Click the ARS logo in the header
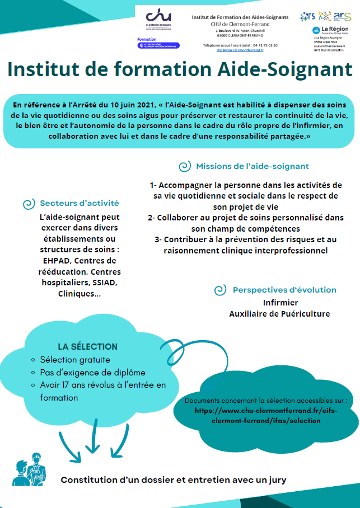[342, 16]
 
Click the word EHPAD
[56, 260]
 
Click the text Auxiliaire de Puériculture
[279, 314]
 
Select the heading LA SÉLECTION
[87, 346]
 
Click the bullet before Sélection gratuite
[33, 360]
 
